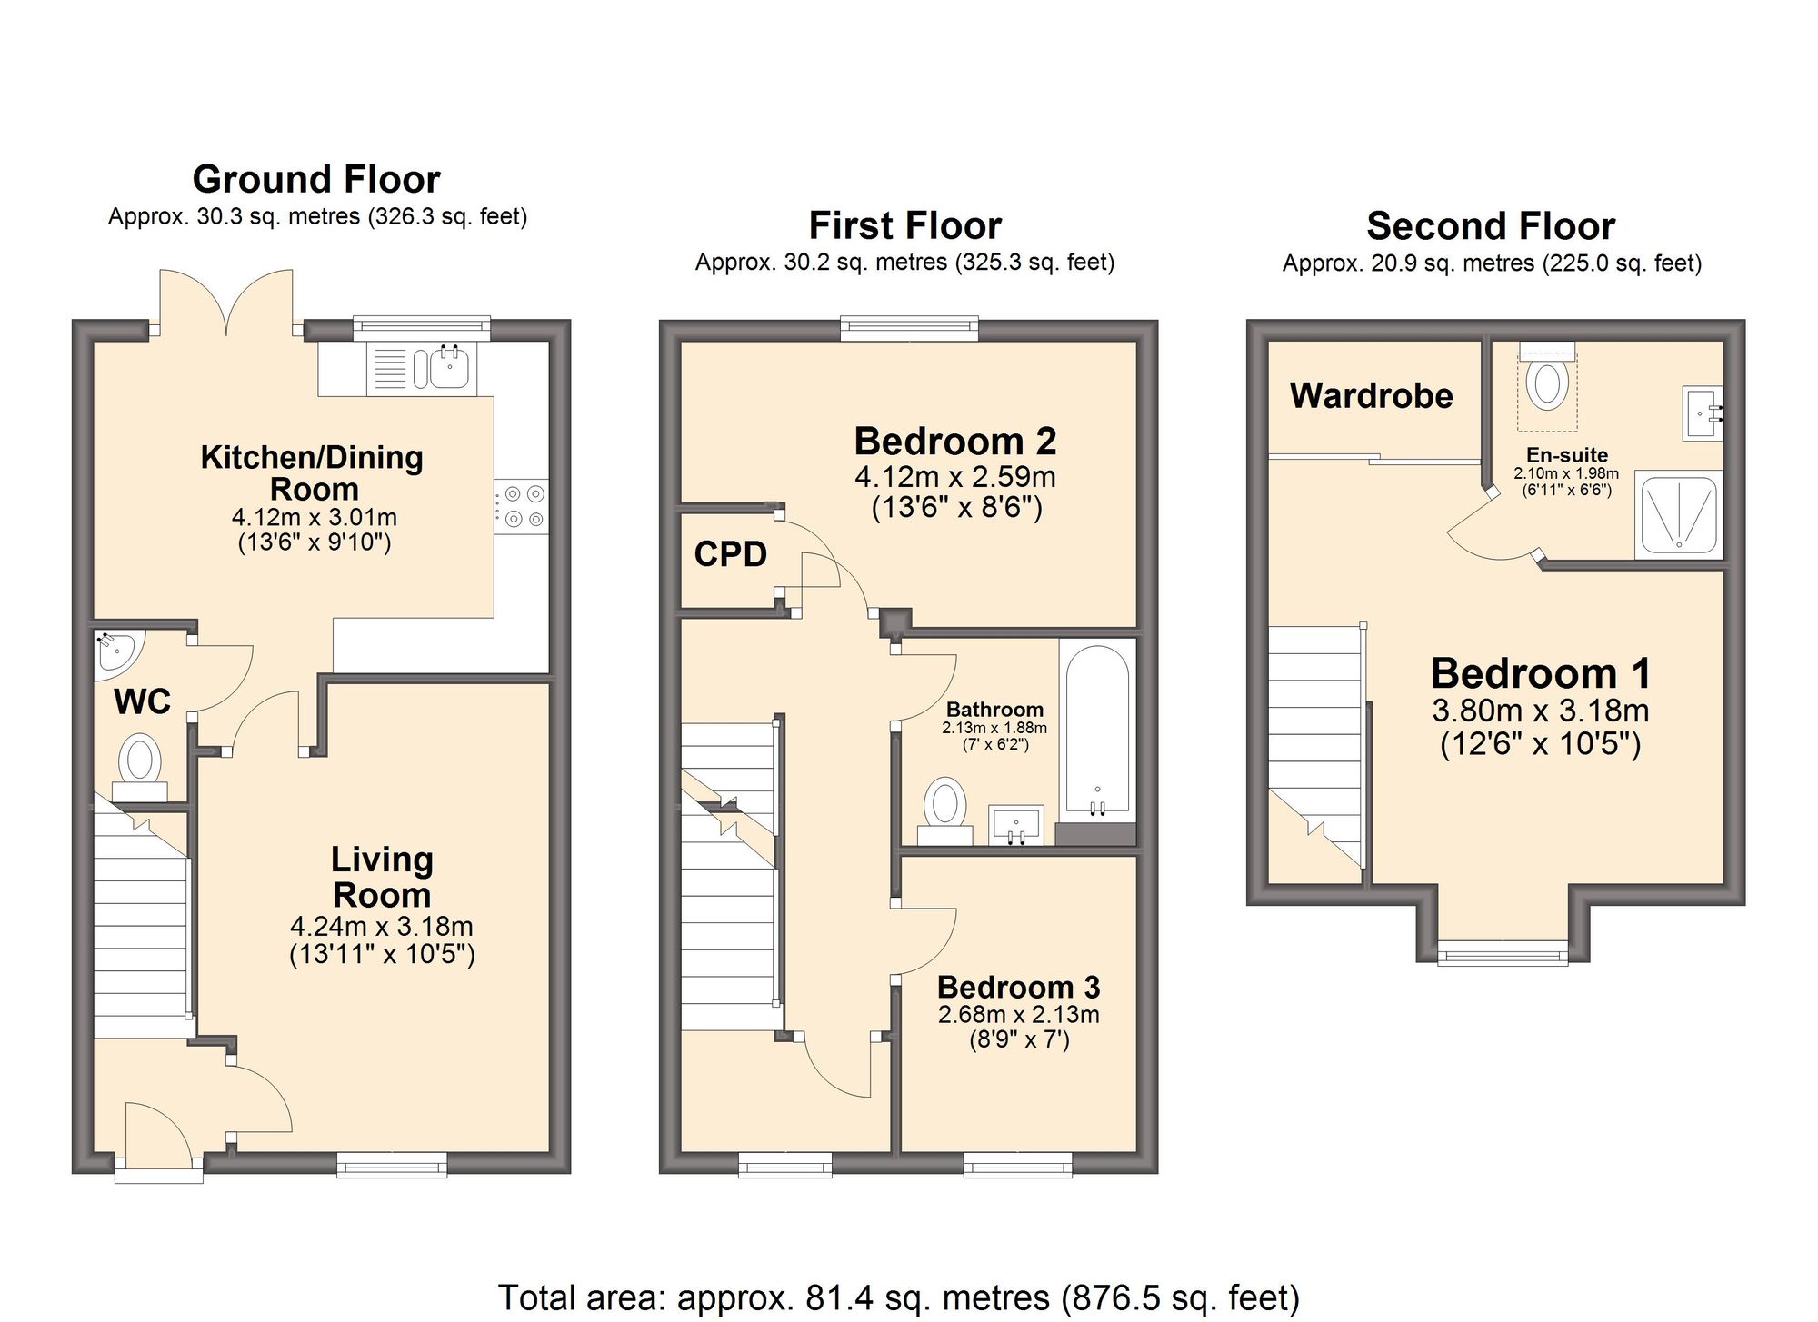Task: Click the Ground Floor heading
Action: pos(316,179)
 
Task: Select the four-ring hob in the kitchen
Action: pos(523,506)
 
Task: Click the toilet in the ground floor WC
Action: pos(140,760)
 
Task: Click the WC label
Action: pos(143,701)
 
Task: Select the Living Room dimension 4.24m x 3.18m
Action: pos(381,927)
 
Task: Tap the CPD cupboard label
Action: pos(730,554)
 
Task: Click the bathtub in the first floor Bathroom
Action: pos(1097,731)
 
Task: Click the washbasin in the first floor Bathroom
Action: pos(1016,825)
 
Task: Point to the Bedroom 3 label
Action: pos(1018,987)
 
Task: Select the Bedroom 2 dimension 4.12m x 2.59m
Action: pos(954,476)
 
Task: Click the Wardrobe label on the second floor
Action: pos(1371,395)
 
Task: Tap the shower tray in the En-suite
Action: pos(1678,514)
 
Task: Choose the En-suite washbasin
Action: pos(1702,413)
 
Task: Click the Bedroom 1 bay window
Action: pos(1503,953)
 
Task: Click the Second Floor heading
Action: pos(1491,225)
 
